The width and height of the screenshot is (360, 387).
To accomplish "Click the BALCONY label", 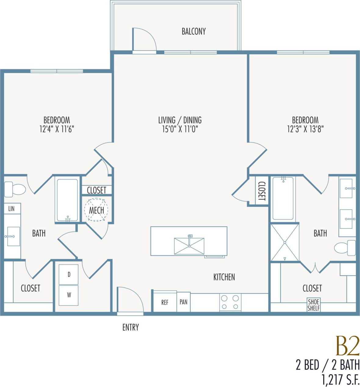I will (194, 31).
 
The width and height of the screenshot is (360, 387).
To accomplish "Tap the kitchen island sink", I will (189, 246).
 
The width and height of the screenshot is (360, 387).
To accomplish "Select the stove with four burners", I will (230, 302).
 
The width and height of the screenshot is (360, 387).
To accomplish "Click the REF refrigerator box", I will (165, 302).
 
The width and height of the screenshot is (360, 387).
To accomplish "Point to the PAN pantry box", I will (184, 302).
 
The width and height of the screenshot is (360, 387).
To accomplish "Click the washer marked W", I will (69, 295).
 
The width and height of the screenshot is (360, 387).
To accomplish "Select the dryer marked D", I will (69, 274).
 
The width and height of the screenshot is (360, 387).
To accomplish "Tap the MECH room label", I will (96, 210).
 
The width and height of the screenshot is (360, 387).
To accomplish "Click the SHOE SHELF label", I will (314, 305).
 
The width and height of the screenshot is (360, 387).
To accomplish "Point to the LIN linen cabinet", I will (12, 209).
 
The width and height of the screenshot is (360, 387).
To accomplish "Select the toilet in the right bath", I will (345, 248).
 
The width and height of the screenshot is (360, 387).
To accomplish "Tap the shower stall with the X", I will (285, 242).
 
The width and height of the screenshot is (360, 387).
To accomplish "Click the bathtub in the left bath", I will (67, 200).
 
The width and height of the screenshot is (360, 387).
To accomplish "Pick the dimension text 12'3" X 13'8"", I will (305, 129).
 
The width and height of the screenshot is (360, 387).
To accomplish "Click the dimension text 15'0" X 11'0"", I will (180, 129).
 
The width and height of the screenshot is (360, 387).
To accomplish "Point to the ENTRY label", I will (131, 327).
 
